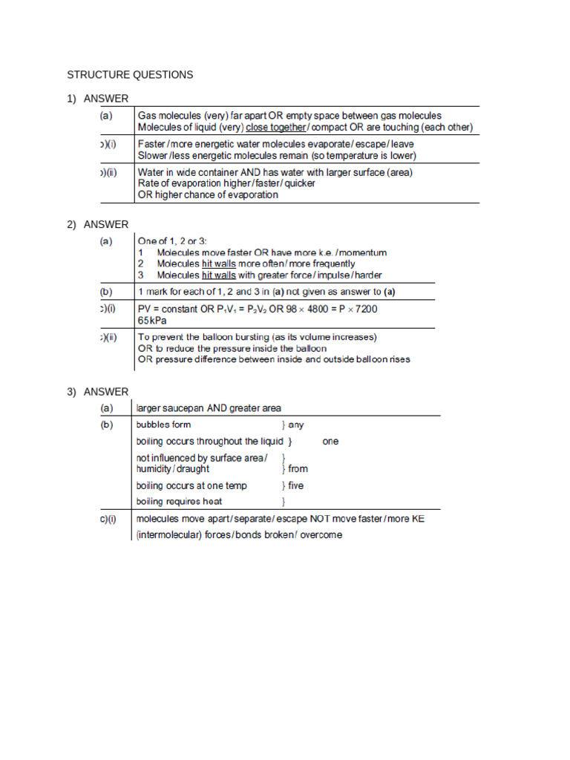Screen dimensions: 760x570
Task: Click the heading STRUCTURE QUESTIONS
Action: [x=130, y=75]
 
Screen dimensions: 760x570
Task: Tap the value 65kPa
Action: [x=152, y=321]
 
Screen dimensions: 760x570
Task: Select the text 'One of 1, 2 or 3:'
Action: [x=174, y=240]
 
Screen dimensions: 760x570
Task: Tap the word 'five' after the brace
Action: [x=296, y=485]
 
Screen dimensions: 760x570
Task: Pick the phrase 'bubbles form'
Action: [x=163, y=425]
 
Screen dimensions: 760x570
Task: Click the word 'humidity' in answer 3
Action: [x=155, y=469]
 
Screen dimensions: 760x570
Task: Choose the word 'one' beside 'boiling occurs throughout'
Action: [x=330, y=441]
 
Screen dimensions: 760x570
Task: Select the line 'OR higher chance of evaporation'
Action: [x=208, y=195]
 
